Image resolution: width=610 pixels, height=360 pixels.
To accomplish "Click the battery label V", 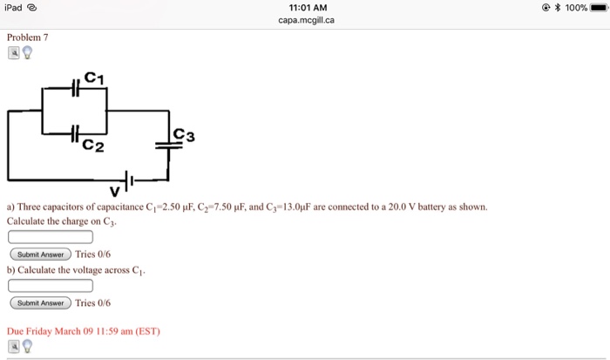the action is pyautogui.click(x=114, y=190).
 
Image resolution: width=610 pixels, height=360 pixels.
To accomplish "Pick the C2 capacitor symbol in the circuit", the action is pyautogui.click(x=77, y=133).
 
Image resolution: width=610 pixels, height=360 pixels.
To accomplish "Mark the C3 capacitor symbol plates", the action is pyautogui.click(x=169, y=146).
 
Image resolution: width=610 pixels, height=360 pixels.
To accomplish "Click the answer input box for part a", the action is pyautogui.click(x=50, y=236).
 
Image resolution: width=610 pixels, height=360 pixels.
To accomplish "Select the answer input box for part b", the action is pyautogui.click(x=50, y=285).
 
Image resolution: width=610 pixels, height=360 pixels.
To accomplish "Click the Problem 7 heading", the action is pyautogui.click(x=28, y=37).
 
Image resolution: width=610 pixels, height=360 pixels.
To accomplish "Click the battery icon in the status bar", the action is pyautogui.click(x=597, y=7).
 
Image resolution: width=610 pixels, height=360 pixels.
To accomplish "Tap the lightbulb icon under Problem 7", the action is pyautogui.click(x=27, y=52).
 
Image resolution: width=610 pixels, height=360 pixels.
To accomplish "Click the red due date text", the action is pyautogui.click(x=84, y=331).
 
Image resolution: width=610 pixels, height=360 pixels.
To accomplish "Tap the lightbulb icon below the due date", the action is pyautogui.click(x=27, y=346).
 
